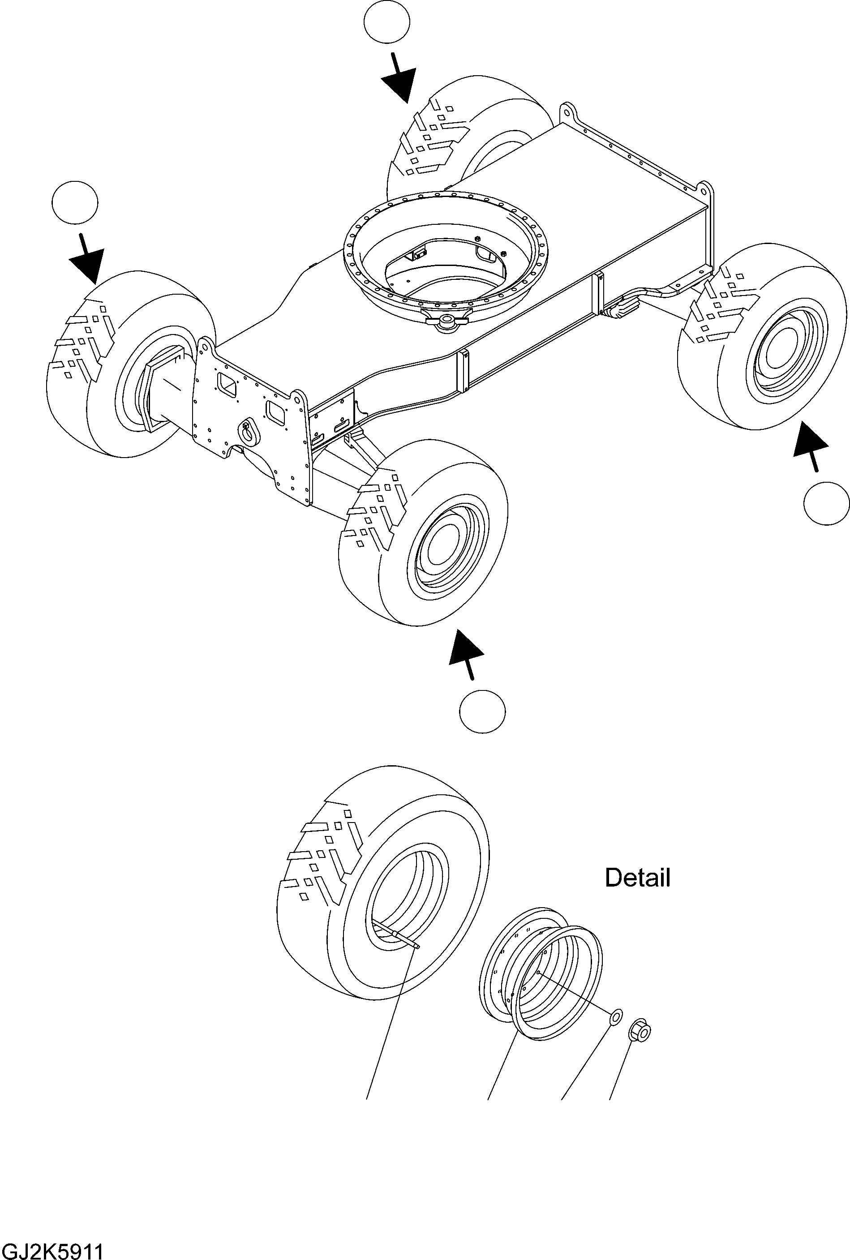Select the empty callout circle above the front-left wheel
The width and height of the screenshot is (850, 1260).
[x=75, y=202]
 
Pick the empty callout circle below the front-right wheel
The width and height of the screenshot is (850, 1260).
[x=482, y=711]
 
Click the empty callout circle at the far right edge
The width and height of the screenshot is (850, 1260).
[x=826, y=503]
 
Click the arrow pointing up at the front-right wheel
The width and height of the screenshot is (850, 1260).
[x=467, y=653]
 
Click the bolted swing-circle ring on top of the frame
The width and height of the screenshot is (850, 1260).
[x=445, y=255]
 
